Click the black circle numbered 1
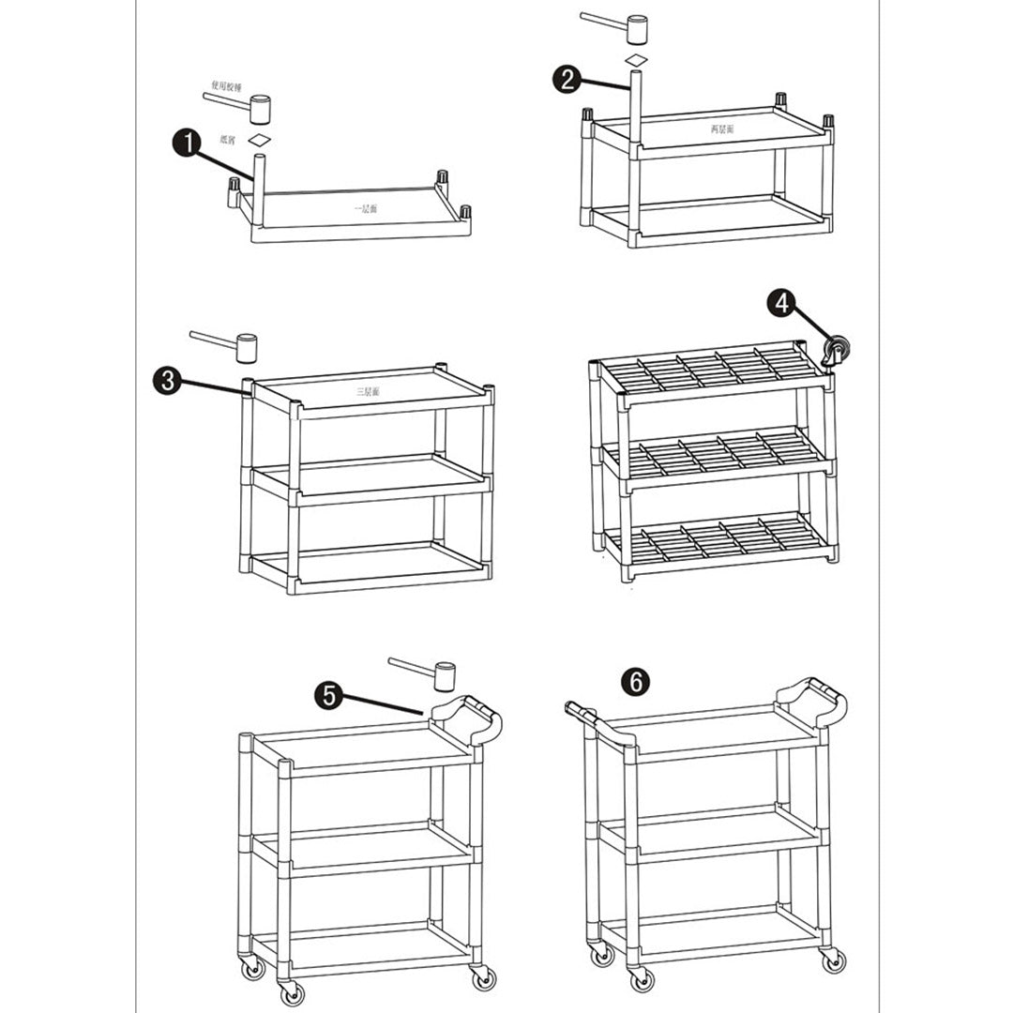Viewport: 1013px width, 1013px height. tap(188, 144)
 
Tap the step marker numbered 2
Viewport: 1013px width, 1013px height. tap(566, 80)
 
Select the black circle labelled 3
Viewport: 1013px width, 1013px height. tap(166, 380)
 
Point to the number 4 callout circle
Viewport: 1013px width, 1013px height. tap(781, 302)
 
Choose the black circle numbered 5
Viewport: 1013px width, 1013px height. tap(328, 694)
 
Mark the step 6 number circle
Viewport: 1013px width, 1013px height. tap(635, 682)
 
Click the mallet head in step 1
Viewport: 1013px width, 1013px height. tap(259, 109)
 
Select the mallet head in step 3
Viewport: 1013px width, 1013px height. tap(247, 348)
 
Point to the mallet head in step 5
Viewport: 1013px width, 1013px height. tap(444, 674)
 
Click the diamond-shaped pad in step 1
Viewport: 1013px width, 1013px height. tap(258, 140)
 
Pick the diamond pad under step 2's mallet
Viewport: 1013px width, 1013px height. tap(637, 59)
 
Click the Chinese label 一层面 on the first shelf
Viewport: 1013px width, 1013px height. tap(365, 208)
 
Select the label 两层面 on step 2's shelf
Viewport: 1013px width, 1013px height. tap(721, 128)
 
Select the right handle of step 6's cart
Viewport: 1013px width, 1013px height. tap(812, 702)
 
